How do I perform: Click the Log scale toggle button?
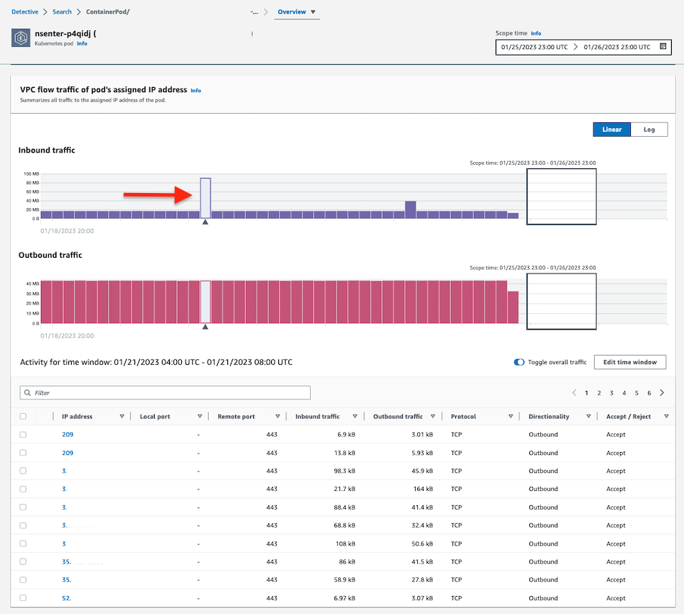(649, 130)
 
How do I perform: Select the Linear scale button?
(611, 130)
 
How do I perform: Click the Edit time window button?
(629, 362)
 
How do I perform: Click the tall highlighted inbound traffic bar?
(205, 198)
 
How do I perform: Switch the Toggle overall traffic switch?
(519, 362)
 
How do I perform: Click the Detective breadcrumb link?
(24, 12)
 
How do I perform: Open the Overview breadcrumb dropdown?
(296, 12)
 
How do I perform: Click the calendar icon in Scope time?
(663, 47)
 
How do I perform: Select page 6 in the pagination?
(649, 393)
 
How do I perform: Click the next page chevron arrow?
(662, 393)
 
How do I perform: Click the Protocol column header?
(463, 417)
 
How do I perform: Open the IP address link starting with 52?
(66, 598)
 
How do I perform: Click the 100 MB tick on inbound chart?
(31, 174)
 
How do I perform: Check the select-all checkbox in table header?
(23, 417)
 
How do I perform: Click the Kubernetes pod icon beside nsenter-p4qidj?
(21, 37)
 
